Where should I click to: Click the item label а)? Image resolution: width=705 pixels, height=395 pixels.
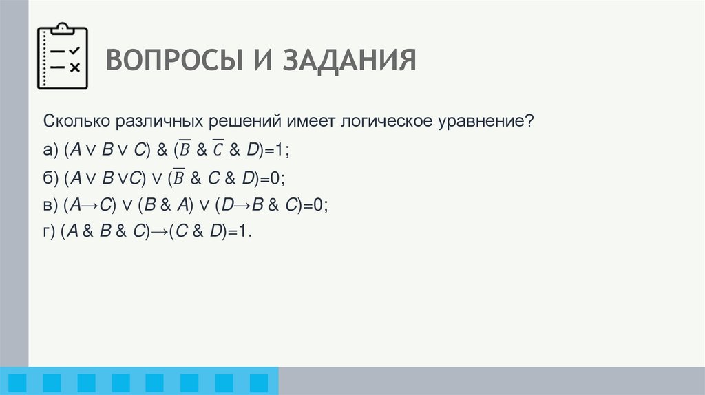click(51, 150)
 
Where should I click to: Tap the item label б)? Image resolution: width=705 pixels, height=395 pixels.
click(51, 178)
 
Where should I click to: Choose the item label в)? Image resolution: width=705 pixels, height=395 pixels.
click(51, 205)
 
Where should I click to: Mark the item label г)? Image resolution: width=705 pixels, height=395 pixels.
click(50, 233)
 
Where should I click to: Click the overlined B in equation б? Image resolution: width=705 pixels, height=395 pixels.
click(180, 177)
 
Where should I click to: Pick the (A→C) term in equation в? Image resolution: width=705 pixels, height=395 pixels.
click(90, 205)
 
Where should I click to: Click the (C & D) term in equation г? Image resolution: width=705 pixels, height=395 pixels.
click(197, 233)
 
